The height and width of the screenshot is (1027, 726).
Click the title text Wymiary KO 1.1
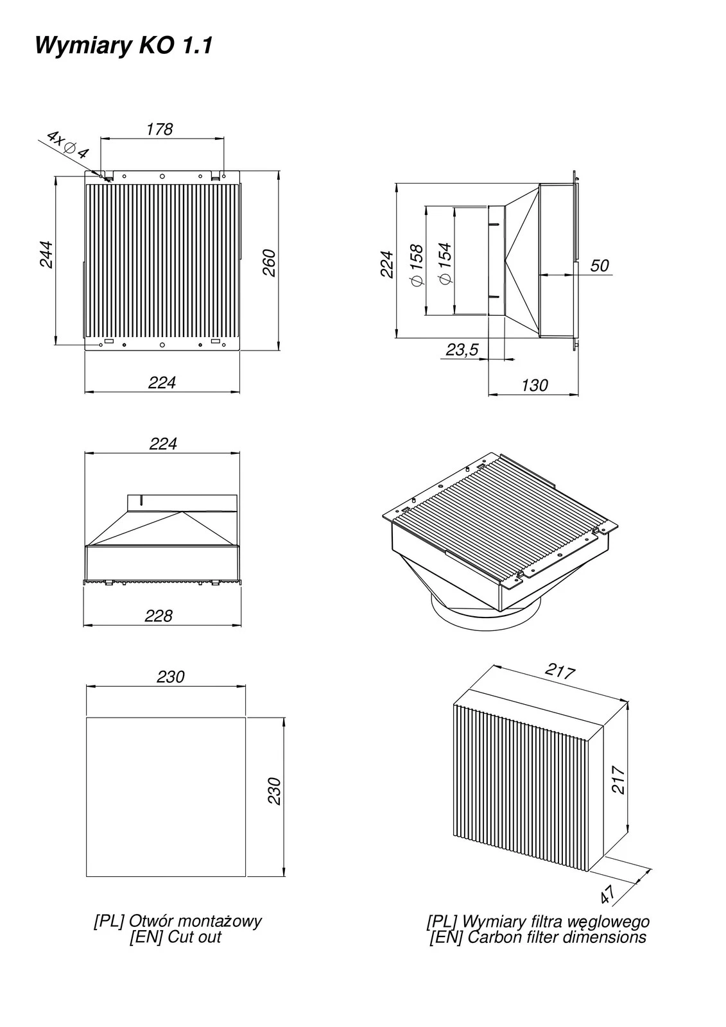tap(123, 46)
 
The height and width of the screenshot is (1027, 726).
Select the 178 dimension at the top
tap(159, 129)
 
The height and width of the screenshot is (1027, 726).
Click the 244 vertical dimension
tap(46, 255)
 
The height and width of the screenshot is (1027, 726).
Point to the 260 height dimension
tap(269, 262)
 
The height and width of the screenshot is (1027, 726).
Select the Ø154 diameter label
tap(444, 264)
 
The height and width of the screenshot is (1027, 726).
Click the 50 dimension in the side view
tap(599, 265)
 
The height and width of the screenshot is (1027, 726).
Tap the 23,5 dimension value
tap(462, 349)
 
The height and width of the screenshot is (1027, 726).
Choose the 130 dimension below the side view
tap(534, 385)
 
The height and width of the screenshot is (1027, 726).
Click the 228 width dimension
tap(159, 616)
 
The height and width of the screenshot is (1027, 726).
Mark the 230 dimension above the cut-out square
tap(170, 677)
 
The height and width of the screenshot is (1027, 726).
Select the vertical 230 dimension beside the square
tap(274, 791)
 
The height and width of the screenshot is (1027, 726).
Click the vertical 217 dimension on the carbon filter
tap(618, 779)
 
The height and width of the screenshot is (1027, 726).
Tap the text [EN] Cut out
tap(175, 936)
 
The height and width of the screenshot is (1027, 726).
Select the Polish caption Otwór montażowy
tap(178, 921)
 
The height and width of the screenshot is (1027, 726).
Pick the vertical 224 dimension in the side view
tap(386, 264)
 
